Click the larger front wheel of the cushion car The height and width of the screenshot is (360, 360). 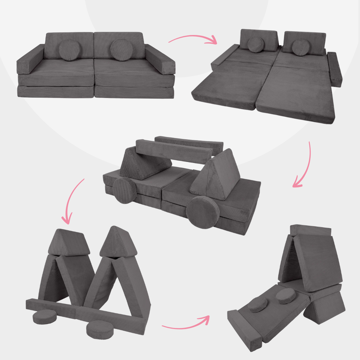(x=203, y=212)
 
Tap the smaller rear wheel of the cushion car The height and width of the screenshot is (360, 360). (x=125, y=190)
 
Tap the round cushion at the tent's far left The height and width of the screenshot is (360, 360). (x=45, y=316)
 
